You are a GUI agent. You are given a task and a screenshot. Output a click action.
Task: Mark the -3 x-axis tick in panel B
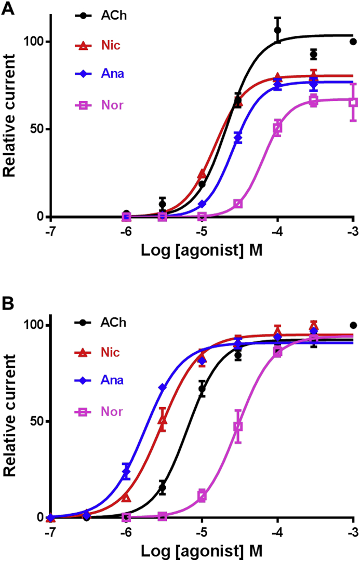353,530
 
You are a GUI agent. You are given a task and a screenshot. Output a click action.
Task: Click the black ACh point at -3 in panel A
353,42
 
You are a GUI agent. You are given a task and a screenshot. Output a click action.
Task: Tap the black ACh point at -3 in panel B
353,325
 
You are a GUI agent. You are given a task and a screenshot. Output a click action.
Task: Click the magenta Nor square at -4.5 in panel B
238,426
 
